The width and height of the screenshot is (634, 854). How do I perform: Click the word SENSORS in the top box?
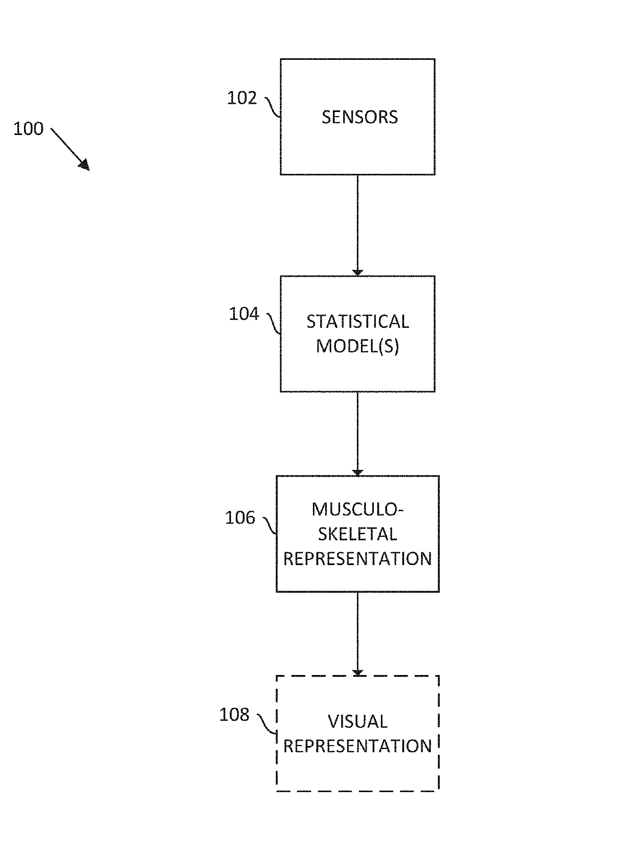point(359,117)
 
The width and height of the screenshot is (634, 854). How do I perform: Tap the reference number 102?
point(242,98)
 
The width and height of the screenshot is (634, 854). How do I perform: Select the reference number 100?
point(29,128)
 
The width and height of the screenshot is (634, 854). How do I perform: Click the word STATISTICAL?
point(357,322)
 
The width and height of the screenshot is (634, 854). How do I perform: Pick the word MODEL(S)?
point(357,346)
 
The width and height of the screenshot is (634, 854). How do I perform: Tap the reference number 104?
point(244,314)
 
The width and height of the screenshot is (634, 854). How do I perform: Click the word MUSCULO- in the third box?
point(357,509)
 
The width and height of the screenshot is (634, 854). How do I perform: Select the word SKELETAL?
point(357,534)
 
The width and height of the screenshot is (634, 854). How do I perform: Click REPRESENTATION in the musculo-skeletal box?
point(357,559)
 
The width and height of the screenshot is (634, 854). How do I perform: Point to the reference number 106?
point(240,518)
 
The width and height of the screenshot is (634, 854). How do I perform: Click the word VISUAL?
point(357,722)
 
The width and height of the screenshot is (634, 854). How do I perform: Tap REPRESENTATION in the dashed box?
point(357,746)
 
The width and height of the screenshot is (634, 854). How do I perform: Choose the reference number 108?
point(235,714)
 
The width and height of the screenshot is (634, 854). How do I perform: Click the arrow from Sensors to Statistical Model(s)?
point(357,225)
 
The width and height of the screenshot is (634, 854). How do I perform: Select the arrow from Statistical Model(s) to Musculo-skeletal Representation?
point(357,434)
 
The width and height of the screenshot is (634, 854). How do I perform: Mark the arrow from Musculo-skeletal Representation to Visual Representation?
point(357,634)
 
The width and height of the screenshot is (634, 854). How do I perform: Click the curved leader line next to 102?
point(273,107)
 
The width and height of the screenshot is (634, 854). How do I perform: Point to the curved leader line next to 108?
point(267,724)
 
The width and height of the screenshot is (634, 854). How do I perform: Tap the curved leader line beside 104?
point(274,323)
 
